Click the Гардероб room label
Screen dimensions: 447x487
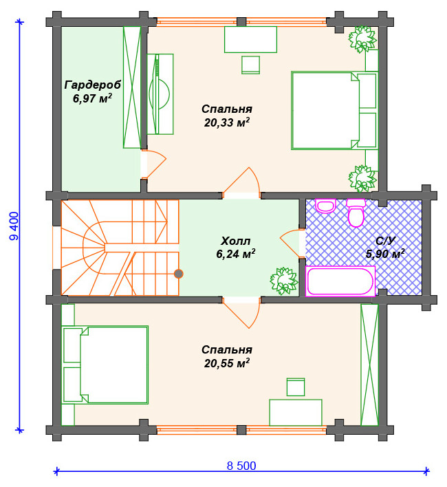(x=93, y=85)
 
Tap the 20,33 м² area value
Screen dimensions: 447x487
(x=227, y=122)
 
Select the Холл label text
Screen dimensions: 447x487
(x=236, y=241)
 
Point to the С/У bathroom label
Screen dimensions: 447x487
(x=386, y=240)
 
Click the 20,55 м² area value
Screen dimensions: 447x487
(x=227, y=362)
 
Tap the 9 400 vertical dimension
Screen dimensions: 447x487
(x=14, y=226)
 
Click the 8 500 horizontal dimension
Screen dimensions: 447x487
(x=241, y=466)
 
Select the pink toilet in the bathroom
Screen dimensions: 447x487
(x=356, y=213)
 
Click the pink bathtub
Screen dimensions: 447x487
(x=340, y=281)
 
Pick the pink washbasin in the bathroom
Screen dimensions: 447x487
(x=326, y=206)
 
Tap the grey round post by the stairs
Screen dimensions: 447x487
(x=179, y=274)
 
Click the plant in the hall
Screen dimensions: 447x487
(x=283, y=281)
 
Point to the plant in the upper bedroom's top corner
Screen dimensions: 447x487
(x=362, y=39)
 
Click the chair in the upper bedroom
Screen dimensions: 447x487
(x=250, y=65)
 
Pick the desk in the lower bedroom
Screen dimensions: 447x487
(x=296, y=412)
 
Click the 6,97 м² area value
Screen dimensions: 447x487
(x=93, y=98)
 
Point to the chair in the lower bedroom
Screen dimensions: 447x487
(x=296, y=387)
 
